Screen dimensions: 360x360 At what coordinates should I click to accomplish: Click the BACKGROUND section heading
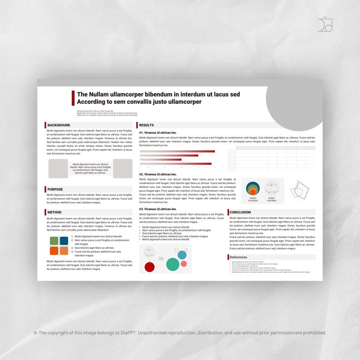(x=59, y=125)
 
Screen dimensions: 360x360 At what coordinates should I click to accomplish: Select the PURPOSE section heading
(x=55, y=190)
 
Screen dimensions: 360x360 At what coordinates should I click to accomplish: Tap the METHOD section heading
(x=54, y=212)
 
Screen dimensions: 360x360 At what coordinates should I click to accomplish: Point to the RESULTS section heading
(x=146, y=125)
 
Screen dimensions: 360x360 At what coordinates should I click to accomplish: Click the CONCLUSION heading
(x=240, y=212)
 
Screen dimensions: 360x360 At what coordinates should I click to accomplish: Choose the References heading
(x=238, y=257)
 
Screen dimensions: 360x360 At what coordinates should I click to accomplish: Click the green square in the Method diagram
(x=54, y=241)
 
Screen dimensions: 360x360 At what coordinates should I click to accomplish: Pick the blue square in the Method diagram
(x=64, y=241)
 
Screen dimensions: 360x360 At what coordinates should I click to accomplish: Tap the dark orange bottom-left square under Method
(x=54, y=251)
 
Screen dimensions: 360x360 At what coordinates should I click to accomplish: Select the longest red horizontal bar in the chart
(x=177, y=151)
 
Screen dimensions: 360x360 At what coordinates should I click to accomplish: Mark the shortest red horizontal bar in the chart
(x=161, y=160)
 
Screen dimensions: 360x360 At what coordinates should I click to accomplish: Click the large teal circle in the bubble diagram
(x=172, y=264)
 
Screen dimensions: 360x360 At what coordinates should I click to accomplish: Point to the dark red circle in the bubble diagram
(x=150, y=267)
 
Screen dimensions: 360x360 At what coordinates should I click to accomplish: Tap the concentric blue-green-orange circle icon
(x=253, y=188)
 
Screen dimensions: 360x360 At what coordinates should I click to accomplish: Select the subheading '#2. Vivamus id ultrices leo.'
(x=158, y=174)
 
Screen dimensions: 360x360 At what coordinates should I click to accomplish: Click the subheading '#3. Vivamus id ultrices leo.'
(x=158, y=209)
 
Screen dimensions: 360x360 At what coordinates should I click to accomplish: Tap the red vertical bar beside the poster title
(x=73, y=98)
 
